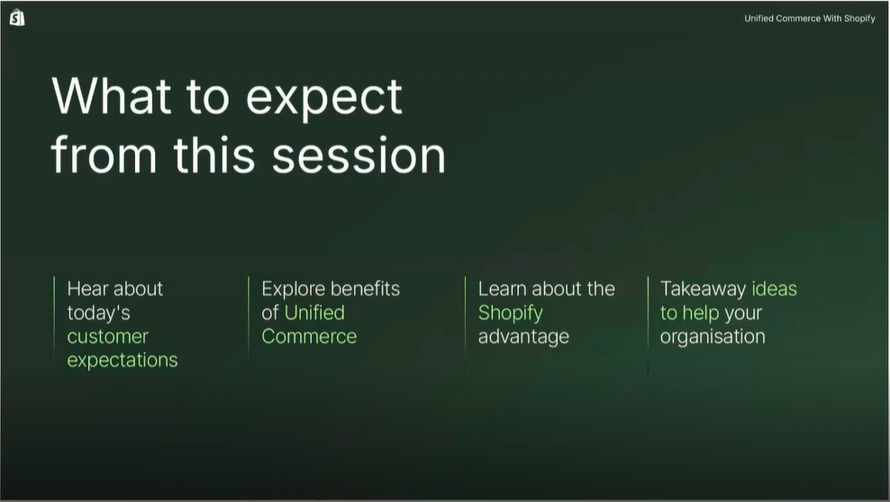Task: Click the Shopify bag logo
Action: coord(17,18)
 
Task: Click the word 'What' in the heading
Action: coord(112,95)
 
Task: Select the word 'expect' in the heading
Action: coord(324,100)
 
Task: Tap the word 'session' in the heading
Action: coord(359,156)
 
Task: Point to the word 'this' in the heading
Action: coord(214,154)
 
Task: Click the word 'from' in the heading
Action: coord(104,154)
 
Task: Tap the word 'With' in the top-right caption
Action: coord(832,18)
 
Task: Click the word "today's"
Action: coord(99,313)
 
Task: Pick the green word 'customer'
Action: coord(107,336)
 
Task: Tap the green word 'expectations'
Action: coord(122,361)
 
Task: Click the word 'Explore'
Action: coord(291,289)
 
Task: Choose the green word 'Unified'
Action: coord(314,313)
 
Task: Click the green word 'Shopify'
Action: coord(510,313)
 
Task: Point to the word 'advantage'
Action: coord(523,336)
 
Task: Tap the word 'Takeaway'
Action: coord(703,289)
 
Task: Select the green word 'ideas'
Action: coord(774,289)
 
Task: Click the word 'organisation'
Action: coord(713,336)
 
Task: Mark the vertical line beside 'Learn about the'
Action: coord(466,324)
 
